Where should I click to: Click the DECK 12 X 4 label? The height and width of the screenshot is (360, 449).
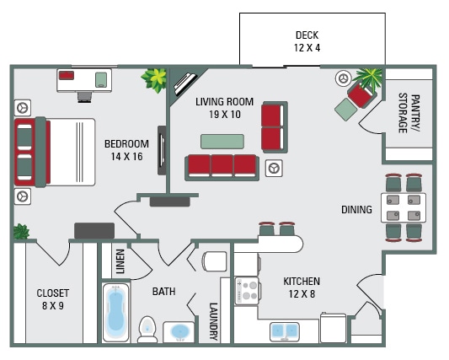pyautogui.click(x=307, y=41)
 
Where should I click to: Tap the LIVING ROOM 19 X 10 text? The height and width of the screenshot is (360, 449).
pyautogui.click(x=218, y=108)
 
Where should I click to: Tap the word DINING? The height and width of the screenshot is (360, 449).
pyautogui.click(x=356, y=209)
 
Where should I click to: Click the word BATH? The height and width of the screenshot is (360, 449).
pyautogui.click(x=163, y=292)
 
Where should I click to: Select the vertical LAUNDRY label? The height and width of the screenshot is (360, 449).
pyautogui.click(x=213, y=320)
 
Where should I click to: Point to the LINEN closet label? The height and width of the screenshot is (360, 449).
pyautogui.click(x=120, y=261)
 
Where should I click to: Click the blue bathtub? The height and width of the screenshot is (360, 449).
pyautogui.click(x=115, y=311)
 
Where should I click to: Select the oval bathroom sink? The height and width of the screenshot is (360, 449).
pyautogui.click(x=180, y=331)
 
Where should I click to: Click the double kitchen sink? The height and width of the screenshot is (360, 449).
pyautogui.click(x=294, y=330)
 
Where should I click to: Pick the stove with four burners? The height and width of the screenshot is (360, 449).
pyautogui.click(x=247, y=292)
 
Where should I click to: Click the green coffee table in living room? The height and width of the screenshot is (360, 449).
pyautogui.click(x=222, y=140)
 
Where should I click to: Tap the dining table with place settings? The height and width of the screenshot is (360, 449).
pyautogui.click(x=404, y=207)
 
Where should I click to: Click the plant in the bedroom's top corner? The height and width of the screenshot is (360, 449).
pyautogui.click(x=154, y=80)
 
